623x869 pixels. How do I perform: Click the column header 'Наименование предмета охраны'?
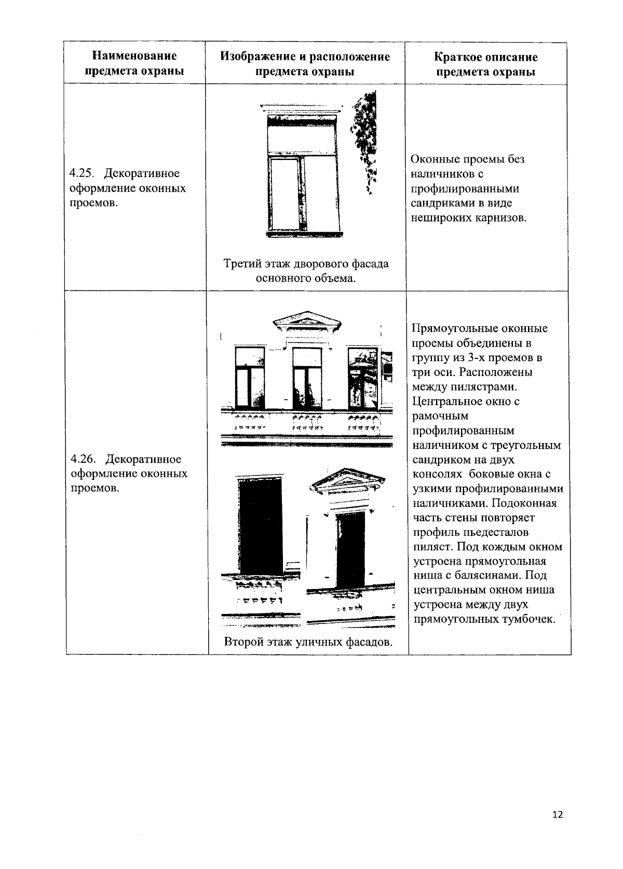click(x=134, y=63)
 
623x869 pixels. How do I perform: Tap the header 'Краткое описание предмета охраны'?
click(x=485, y=64)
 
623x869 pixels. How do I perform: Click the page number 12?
click(x=558, y=814)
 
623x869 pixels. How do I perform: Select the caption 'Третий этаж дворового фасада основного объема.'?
click(x=306, y=271)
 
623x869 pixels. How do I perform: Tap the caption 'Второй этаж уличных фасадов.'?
click(x=308, y=642)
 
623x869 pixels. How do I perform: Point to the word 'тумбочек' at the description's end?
click(x=529, y=619)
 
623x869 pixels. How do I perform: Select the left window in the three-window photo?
click(x=250, y=378)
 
